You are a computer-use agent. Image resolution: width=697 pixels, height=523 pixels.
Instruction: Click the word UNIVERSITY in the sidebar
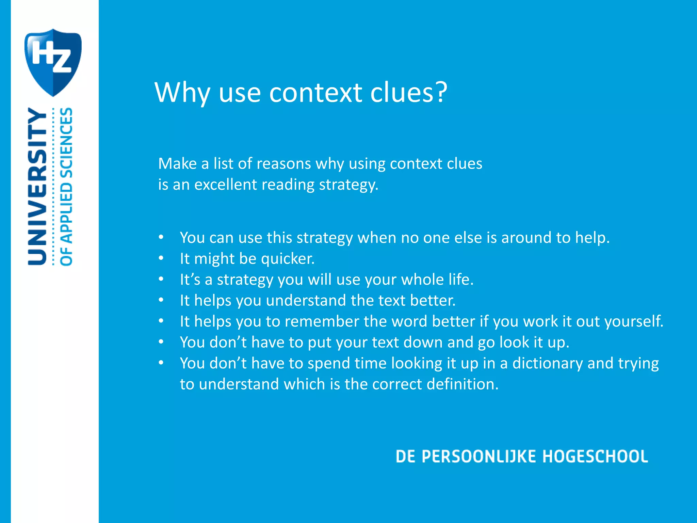37,186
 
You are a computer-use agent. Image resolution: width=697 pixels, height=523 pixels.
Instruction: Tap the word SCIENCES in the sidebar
66,143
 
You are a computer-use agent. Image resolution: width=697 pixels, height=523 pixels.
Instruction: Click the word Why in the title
182,93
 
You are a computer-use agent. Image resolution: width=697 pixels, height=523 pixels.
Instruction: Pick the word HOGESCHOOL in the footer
595,457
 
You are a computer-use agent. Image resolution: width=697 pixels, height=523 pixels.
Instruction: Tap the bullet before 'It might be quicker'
161,258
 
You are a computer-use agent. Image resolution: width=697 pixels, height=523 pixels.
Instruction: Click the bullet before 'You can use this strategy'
161,237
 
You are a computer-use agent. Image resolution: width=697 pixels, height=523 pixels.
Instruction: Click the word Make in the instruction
177,164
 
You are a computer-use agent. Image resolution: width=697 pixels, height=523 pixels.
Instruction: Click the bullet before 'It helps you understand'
161,300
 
